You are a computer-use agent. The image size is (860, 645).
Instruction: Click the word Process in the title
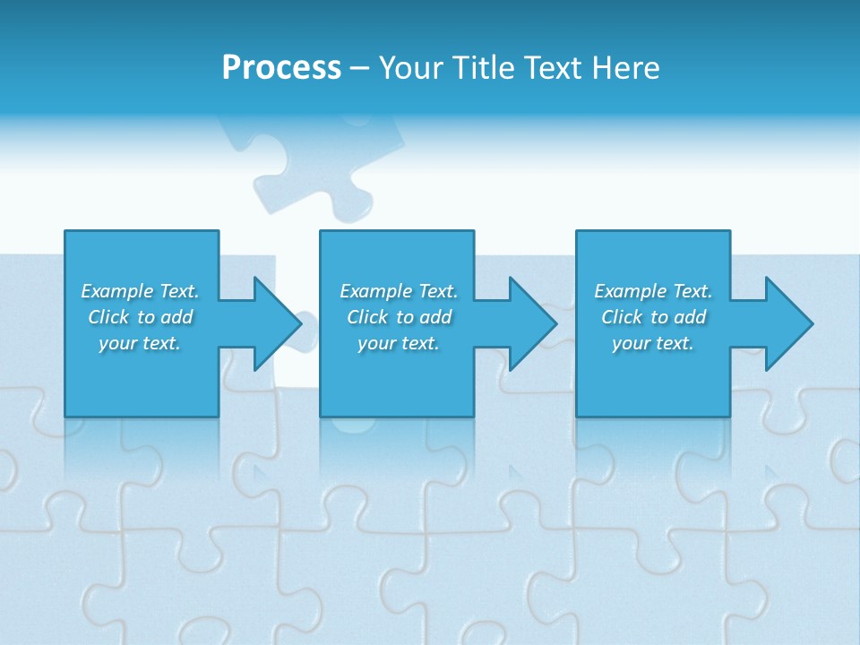pos(281,68)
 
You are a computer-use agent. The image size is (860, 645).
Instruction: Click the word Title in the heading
pos(482,68)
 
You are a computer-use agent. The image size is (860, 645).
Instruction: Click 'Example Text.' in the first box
pos(140,291)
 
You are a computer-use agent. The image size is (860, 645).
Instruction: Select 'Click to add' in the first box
pos(140,317)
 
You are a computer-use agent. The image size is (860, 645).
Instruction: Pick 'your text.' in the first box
pos(140,343)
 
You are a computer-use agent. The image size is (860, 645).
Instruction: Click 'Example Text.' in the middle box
pos(399,291)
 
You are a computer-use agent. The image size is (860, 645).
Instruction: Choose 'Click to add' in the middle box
pos(399,317)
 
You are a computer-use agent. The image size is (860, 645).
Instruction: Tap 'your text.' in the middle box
pos(399,343)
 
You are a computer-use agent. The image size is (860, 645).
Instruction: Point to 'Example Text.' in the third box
pos(653,291)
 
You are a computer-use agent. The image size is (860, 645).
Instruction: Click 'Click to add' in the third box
pos(653,317)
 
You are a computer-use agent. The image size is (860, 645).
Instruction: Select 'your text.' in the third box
pos(653,343)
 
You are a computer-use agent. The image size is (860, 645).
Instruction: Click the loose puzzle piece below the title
pos(314,166)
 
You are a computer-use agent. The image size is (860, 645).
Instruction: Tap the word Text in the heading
pos(550,68)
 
